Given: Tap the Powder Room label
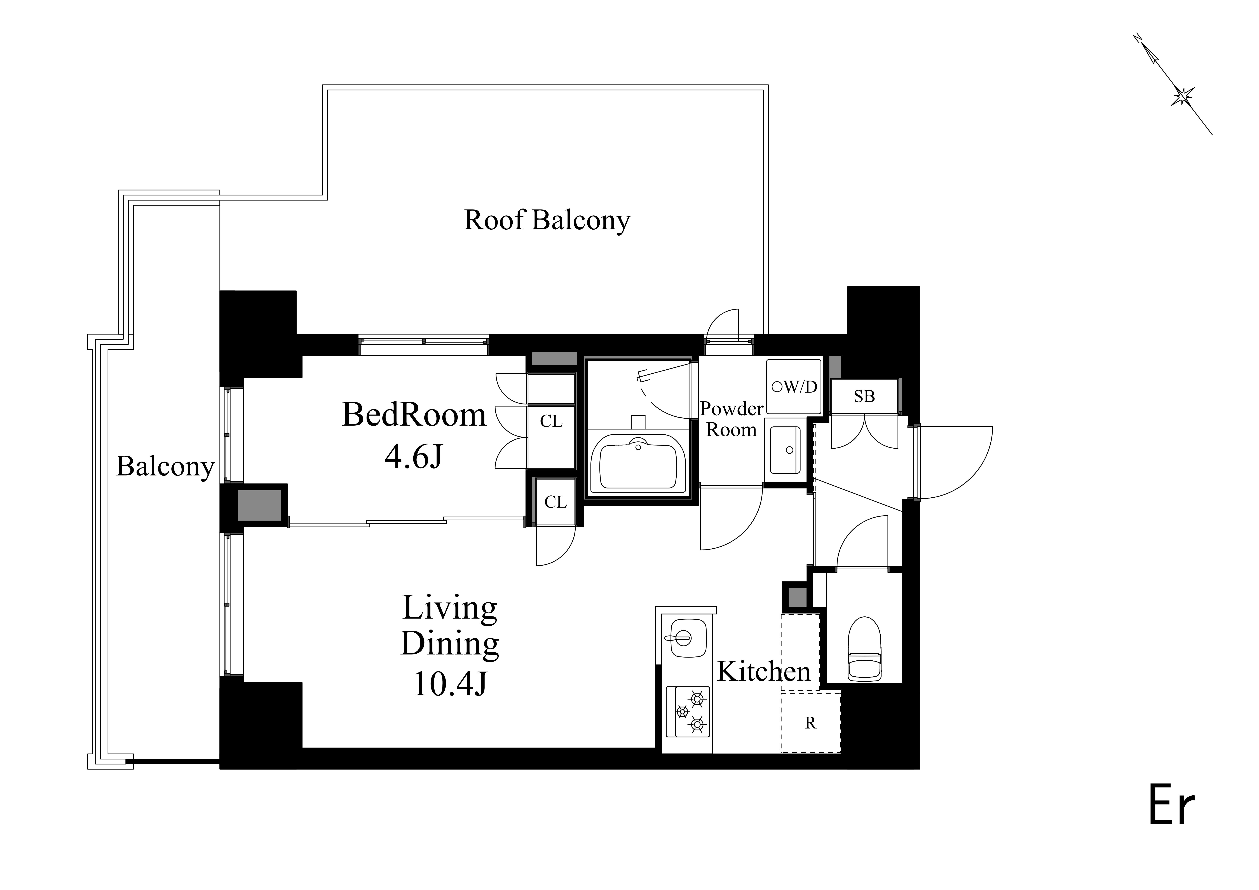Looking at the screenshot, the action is pyautogui.click(x=732, y=419).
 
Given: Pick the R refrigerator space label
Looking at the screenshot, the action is pyautogui.click(x=810, y=723).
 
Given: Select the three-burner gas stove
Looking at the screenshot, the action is pyautogui.click(x=688, y=712).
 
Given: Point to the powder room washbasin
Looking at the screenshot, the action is pyautogui.click(x=785, y=450).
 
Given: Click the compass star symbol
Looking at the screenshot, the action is pyautogui.click(x=1183, y=97).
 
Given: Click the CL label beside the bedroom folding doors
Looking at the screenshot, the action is pyautogui.click(x=551, y=421).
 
